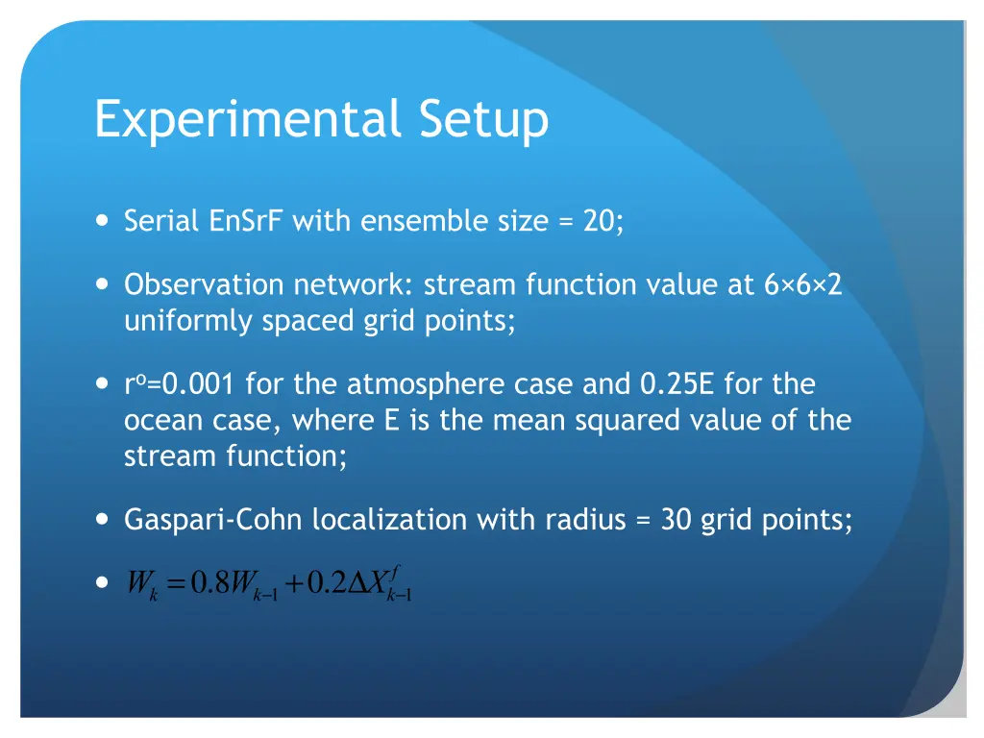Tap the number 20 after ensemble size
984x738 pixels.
click(600, 222)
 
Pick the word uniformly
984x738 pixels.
click(189, 321)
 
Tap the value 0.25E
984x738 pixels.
click(677, 384)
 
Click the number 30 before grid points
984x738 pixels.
click(677, 521)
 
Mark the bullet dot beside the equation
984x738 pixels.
click(103, 583)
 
